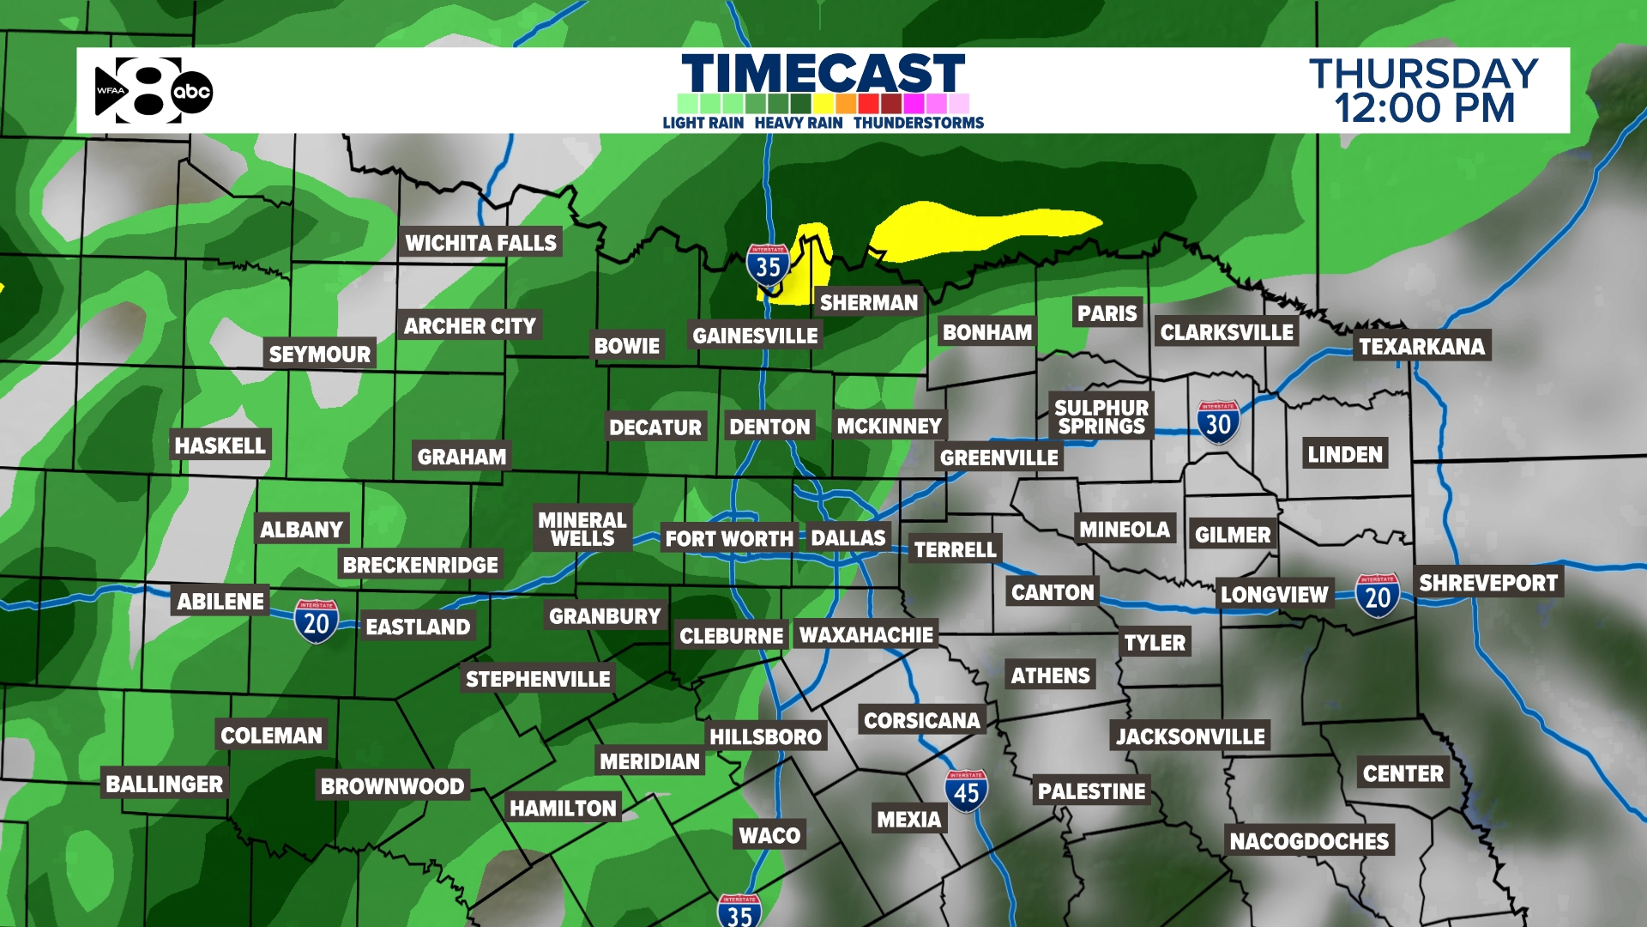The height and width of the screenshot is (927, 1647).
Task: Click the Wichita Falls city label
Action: tap(480, 243)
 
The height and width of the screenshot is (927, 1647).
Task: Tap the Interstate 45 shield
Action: tap(966, 791)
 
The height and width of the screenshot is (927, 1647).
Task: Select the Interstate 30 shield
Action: tap(1218, 422)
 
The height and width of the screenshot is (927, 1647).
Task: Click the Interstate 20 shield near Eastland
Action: tap(316, 621)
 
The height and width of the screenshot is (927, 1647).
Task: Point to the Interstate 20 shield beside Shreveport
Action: tap(1378, 595)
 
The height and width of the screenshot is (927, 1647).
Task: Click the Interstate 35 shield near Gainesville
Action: tap(768, 266)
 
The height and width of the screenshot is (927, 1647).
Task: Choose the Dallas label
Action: tap(848, 538)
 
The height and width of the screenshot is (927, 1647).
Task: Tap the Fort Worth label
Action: tap(729, 539)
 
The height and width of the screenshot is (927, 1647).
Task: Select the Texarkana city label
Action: tap(1421, 346)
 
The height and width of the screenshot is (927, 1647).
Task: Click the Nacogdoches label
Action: tap(1309, 841)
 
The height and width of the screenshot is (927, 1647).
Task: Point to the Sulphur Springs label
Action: tap(1101, 417)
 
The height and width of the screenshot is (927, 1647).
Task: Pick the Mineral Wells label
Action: tap(582, 529)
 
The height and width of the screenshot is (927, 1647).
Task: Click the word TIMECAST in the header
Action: tap(823, 74)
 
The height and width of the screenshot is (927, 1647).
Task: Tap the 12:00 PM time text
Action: tap(1425, 109)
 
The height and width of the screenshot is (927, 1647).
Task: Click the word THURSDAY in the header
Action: tap(1423, 74)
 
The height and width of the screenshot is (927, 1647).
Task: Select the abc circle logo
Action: tap(192, 92)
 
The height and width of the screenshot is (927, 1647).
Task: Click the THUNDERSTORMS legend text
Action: tap(918, 123)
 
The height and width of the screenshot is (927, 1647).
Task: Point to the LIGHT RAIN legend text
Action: tap(703, 123)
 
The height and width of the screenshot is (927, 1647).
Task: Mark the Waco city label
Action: tap(769, 835)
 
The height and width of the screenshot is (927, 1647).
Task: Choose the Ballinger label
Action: tap(164, 784)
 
